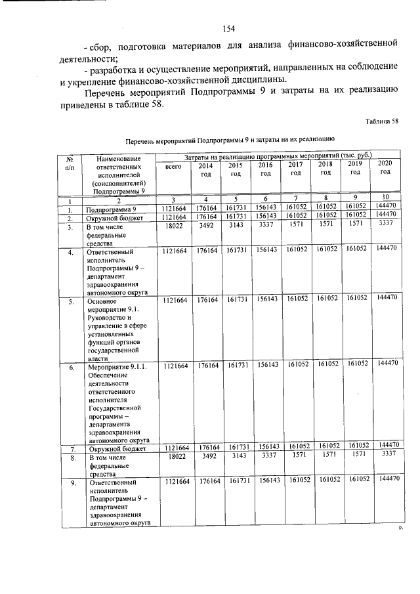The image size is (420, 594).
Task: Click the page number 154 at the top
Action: (229, 28)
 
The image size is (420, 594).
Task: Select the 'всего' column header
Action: (173, 168)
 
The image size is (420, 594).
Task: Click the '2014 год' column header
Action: (205, 169)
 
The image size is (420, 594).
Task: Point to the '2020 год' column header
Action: (385, 167)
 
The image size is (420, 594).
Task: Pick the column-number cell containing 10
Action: (385, 197)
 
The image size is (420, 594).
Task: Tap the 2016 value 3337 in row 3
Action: (266, 225)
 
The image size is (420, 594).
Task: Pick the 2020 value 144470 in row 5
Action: (385, 298)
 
